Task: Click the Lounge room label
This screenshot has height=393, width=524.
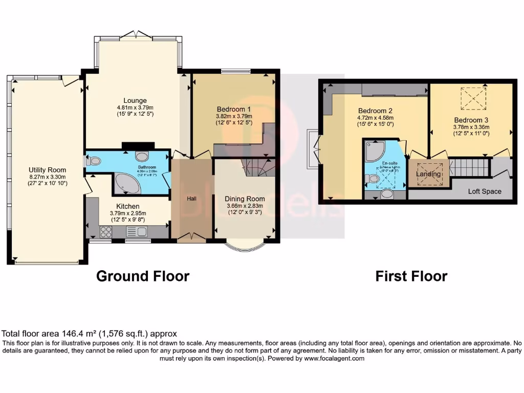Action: point(135,100)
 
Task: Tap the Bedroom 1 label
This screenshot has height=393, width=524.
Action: point(233,109)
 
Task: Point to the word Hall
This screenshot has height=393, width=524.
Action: point(191,198)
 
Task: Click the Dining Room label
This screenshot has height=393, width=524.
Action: point(245,199)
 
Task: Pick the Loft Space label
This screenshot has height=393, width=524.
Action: point(485,191)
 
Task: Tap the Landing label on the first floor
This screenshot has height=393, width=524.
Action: point(428,174)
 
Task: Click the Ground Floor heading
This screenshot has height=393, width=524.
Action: point(143,276)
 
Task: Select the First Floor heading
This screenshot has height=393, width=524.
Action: point(411,276)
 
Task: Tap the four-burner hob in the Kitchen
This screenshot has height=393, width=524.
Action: point(106,232)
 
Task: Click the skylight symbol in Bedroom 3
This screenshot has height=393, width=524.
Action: point(473,98)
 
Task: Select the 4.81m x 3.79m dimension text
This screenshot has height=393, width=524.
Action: point(135,108)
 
